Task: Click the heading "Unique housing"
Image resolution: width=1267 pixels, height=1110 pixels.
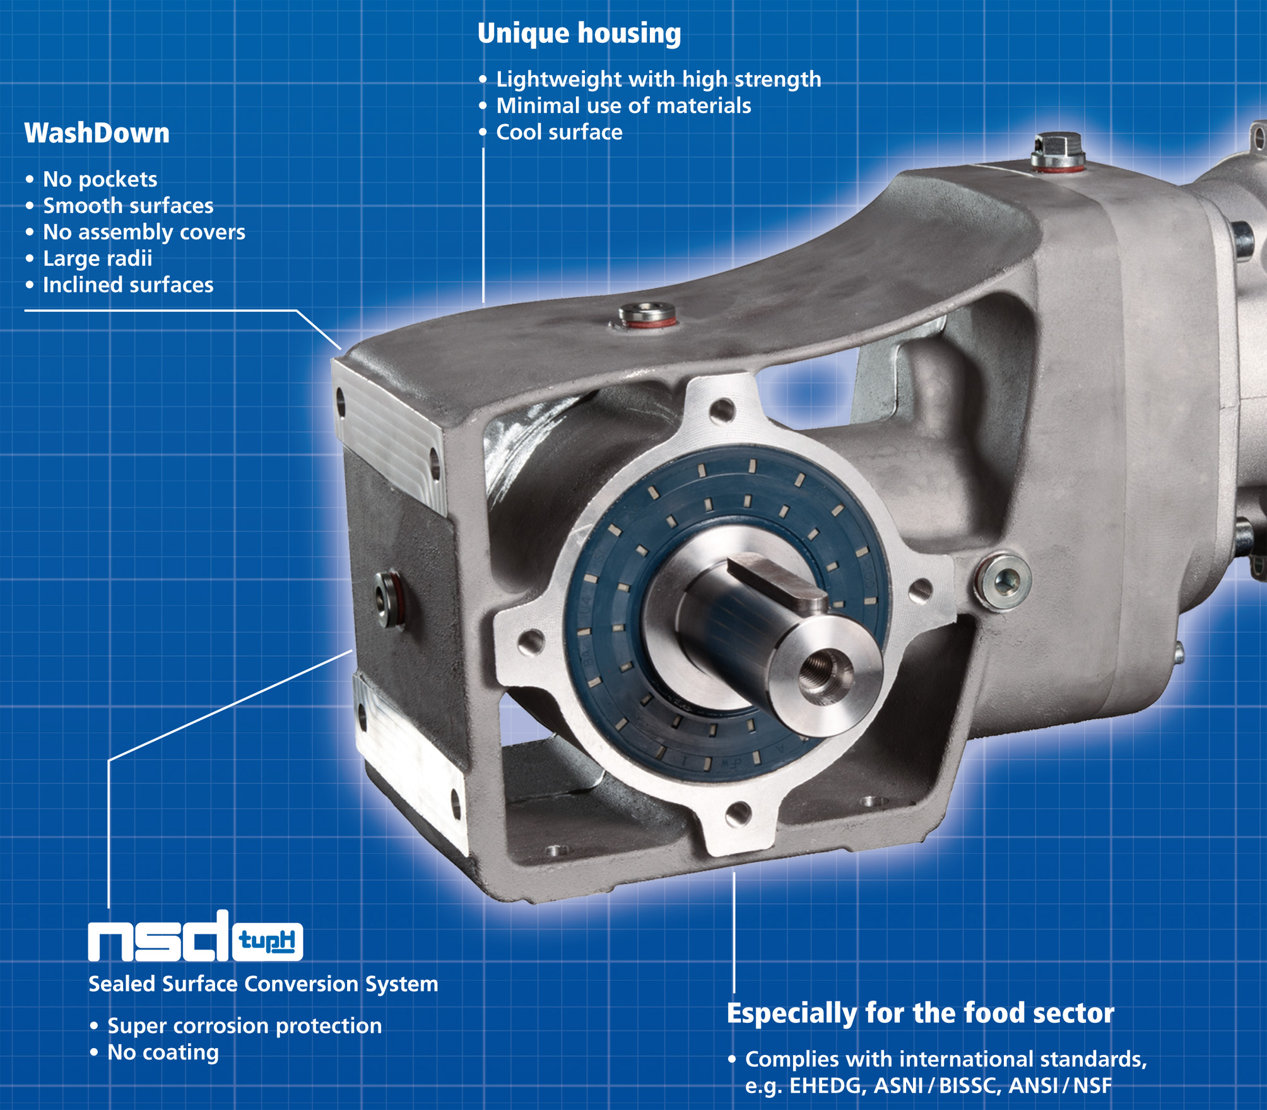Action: (579, 33)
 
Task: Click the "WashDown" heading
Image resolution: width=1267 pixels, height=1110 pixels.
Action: (97, 133)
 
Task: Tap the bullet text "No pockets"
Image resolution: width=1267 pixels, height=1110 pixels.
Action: (100, 179)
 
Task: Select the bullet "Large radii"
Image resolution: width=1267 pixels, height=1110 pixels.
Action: (97, 258)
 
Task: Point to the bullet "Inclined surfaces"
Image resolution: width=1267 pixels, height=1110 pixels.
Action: (128, 285)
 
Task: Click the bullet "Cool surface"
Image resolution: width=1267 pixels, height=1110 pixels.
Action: (559, 132)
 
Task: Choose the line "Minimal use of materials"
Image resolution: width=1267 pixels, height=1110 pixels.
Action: (623, 105)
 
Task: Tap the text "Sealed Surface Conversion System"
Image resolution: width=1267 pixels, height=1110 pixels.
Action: (263, 984)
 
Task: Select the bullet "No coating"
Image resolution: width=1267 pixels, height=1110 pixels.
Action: (163, 1052)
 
